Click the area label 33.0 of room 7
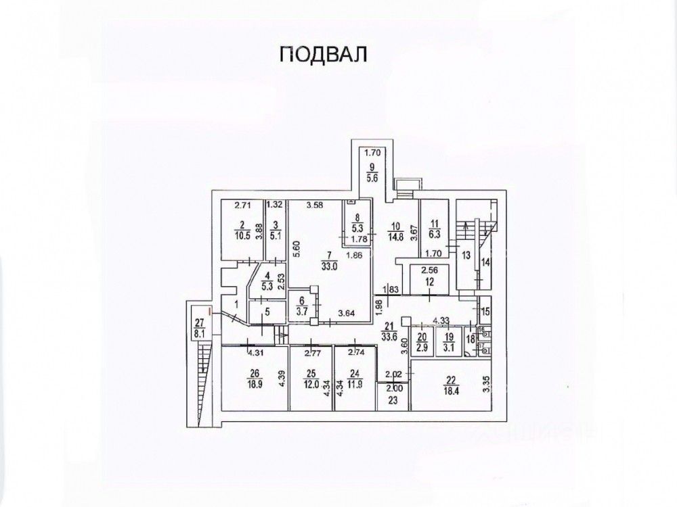tap(329, 265)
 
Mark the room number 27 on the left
tap(199, 322)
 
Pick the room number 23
tap(393, 400)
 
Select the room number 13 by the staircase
tap(466, 255)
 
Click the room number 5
tap(267, 312)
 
